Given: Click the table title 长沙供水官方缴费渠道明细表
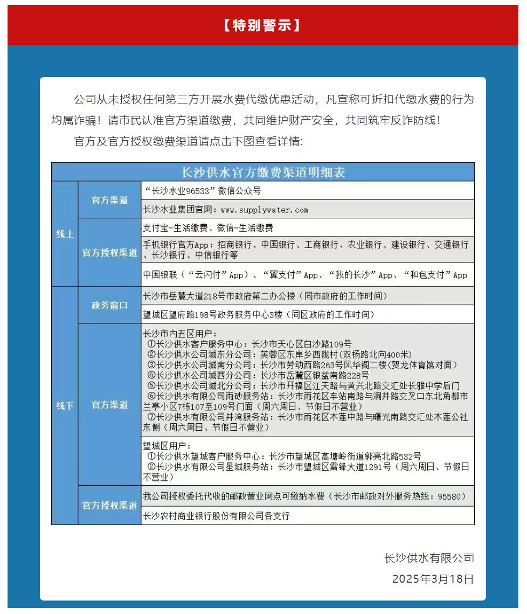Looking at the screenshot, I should [263, 173].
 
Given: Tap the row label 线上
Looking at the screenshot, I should [65, 234].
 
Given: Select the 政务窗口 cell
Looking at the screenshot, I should [109, 305].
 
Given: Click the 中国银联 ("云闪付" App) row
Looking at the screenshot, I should [305, 275].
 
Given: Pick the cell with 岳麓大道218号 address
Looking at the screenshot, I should [265, 296].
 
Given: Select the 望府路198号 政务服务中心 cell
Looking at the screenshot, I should [258, 314].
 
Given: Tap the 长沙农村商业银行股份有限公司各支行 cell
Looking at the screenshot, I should [216, 516].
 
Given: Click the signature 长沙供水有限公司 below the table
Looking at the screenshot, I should [429, 558].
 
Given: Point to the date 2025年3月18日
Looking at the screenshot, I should [433, 579].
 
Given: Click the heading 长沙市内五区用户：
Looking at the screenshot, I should [179, 334].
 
